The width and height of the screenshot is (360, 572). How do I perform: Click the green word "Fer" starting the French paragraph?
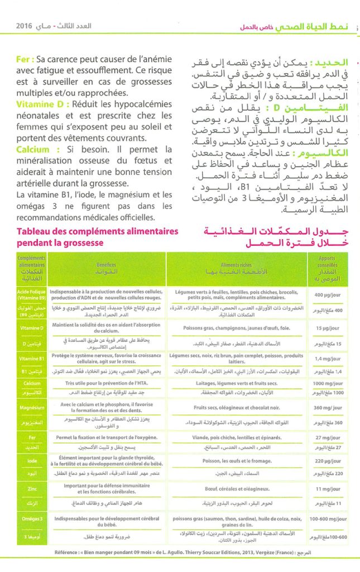click(24, 58)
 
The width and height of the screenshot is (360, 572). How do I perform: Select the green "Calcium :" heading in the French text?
click(39, 150)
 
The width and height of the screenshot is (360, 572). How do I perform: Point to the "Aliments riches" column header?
click(237, 264)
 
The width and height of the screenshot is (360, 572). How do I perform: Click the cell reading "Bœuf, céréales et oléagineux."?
click(237, 489)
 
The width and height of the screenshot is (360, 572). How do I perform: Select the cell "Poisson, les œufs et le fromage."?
click(237, 461)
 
